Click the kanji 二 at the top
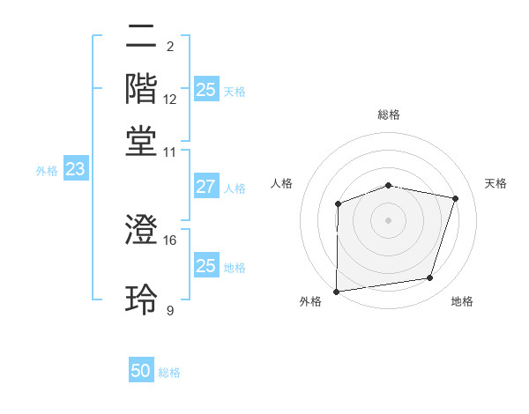141,40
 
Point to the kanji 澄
141,231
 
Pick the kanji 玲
141,299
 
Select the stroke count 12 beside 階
170,99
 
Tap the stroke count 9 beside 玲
170,310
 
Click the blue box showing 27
205,187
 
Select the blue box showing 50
141,372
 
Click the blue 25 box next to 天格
205,90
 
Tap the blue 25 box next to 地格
205,266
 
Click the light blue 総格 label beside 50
169,373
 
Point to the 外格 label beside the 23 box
47,171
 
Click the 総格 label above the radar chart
388,115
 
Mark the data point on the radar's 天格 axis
455,198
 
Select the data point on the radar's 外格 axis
336,291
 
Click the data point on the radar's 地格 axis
429,277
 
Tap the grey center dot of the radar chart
388,219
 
